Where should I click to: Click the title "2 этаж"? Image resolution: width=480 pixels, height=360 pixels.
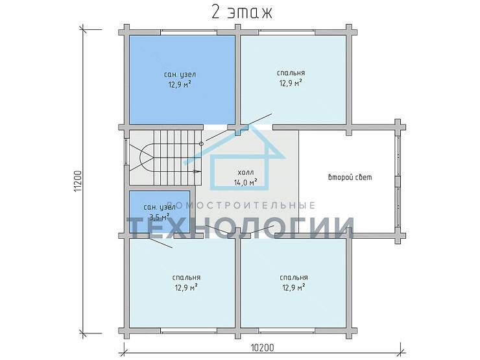click(241, 13)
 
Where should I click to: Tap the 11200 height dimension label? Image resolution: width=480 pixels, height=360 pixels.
click(78, 181)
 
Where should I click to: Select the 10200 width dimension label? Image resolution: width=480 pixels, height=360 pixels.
click(262, 348)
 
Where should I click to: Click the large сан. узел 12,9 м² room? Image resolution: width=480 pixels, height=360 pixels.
click(182, 80)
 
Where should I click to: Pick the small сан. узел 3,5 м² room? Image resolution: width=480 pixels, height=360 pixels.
click(159, 212)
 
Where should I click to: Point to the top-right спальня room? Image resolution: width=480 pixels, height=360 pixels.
click(293, 80)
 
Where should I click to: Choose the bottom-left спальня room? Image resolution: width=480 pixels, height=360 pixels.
click(182, 283)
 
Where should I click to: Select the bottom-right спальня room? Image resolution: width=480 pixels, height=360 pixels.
click(293, 283)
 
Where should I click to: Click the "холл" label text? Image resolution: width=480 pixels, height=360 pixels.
click(245, 173)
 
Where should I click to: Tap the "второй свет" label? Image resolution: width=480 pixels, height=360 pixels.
click(350, 177)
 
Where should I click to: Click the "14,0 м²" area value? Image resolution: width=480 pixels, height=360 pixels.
click(245, 183)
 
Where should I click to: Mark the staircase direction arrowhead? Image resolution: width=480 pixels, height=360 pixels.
click(199, 172)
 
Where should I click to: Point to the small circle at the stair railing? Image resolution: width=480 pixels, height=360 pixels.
click(201, 143)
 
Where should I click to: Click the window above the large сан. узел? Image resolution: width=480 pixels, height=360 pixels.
click(189, 31)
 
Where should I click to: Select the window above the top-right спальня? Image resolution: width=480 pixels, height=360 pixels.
click(287, 31)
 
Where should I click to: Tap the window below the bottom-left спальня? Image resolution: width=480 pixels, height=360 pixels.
click(189, 331)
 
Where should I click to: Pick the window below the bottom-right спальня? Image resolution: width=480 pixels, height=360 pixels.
click(287, 331)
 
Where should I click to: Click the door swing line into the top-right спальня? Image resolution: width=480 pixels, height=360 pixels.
click(239, 127)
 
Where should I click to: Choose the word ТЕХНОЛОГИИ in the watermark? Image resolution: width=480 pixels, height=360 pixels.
click(241, 228)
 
